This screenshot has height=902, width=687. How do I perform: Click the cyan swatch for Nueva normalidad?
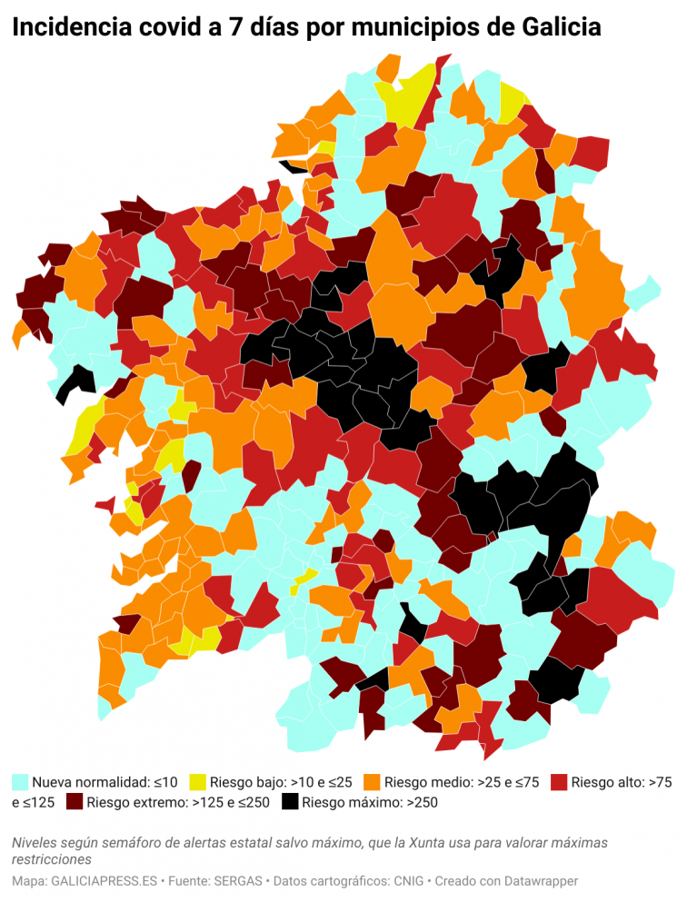[20, 781]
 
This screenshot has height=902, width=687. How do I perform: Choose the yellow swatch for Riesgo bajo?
[197, 781]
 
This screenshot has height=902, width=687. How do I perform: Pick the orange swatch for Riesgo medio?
[371, 781]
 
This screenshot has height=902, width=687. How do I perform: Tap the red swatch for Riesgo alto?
[559, 781]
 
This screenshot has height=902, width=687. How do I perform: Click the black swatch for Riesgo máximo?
[290, 802]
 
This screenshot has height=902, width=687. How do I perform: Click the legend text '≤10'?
[164, 781]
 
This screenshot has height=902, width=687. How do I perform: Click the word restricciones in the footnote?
[52, 858]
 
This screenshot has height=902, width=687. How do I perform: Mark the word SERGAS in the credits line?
[239, 881]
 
